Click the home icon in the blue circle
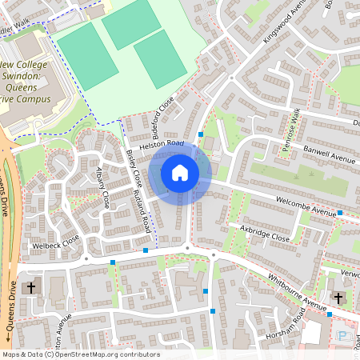[x=179, y=172]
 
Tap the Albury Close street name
[x=102, y=189]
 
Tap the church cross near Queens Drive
[x=31, y=286]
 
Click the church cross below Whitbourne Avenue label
[x=338, y=298]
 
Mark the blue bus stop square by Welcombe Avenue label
[x=340, y=213]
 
